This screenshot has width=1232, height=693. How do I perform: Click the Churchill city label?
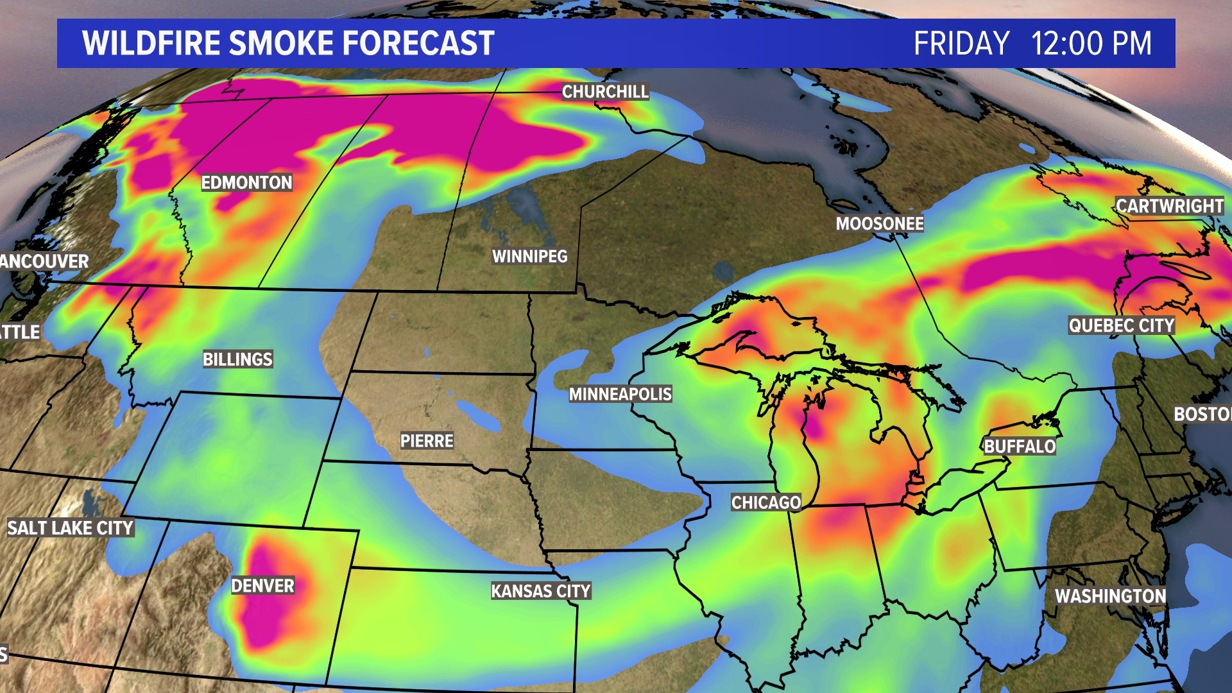coord(605,92)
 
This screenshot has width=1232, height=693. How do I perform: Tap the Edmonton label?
coord(247,183)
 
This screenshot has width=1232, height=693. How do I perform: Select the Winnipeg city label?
coord(530,257)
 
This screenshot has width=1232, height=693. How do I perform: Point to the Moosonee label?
coord(880,224)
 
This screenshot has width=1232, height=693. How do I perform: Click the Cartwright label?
coord(1170,206)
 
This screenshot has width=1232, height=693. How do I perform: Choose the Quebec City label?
coord(1121,326)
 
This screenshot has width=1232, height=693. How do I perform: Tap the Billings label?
coord(238,359)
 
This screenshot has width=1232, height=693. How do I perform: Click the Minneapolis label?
coord(620,394)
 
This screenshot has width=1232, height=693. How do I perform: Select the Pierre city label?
coord(427,441)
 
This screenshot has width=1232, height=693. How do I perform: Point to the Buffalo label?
coord(1020,447)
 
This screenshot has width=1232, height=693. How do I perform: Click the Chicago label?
coord(766,502)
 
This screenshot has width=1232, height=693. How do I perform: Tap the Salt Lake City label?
coord(71,528)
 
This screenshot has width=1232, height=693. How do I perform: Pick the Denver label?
coord(262,586)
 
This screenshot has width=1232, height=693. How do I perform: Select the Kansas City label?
coord(541,591)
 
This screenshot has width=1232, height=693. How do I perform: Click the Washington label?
coord(1111,596)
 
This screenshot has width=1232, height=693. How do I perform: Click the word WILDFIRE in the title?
coord(151,44)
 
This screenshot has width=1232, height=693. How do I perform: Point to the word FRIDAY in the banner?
coord(961,44)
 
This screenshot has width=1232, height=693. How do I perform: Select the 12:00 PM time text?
coord(1091,44)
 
